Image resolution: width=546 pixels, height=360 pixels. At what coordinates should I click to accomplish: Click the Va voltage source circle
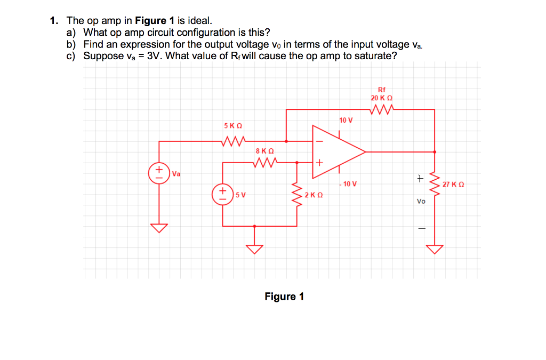158,173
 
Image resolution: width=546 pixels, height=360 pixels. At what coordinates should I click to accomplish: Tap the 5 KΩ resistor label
233,125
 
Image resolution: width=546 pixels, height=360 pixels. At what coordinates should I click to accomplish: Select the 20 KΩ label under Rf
381,98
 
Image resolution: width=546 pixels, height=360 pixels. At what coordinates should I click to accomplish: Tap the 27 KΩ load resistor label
453,184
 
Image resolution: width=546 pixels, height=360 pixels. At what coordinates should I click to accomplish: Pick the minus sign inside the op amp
320,141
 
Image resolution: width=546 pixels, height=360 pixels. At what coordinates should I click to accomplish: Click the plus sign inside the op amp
320,162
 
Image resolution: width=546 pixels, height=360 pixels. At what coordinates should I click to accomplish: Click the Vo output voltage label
421,201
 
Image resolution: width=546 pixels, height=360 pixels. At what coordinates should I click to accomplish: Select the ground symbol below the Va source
158,228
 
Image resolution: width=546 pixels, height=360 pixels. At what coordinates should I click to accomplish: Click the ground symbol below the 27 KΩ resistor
435,249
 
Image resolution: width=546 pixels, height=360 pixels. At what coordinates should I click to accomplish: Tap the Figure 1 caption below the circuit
284,297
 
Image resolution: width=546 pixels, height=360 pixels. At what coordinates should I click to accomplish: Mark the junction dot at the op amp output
435,152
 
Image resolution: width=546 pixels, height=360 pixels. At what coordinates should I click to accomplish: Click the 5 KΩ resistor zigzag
233,141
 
